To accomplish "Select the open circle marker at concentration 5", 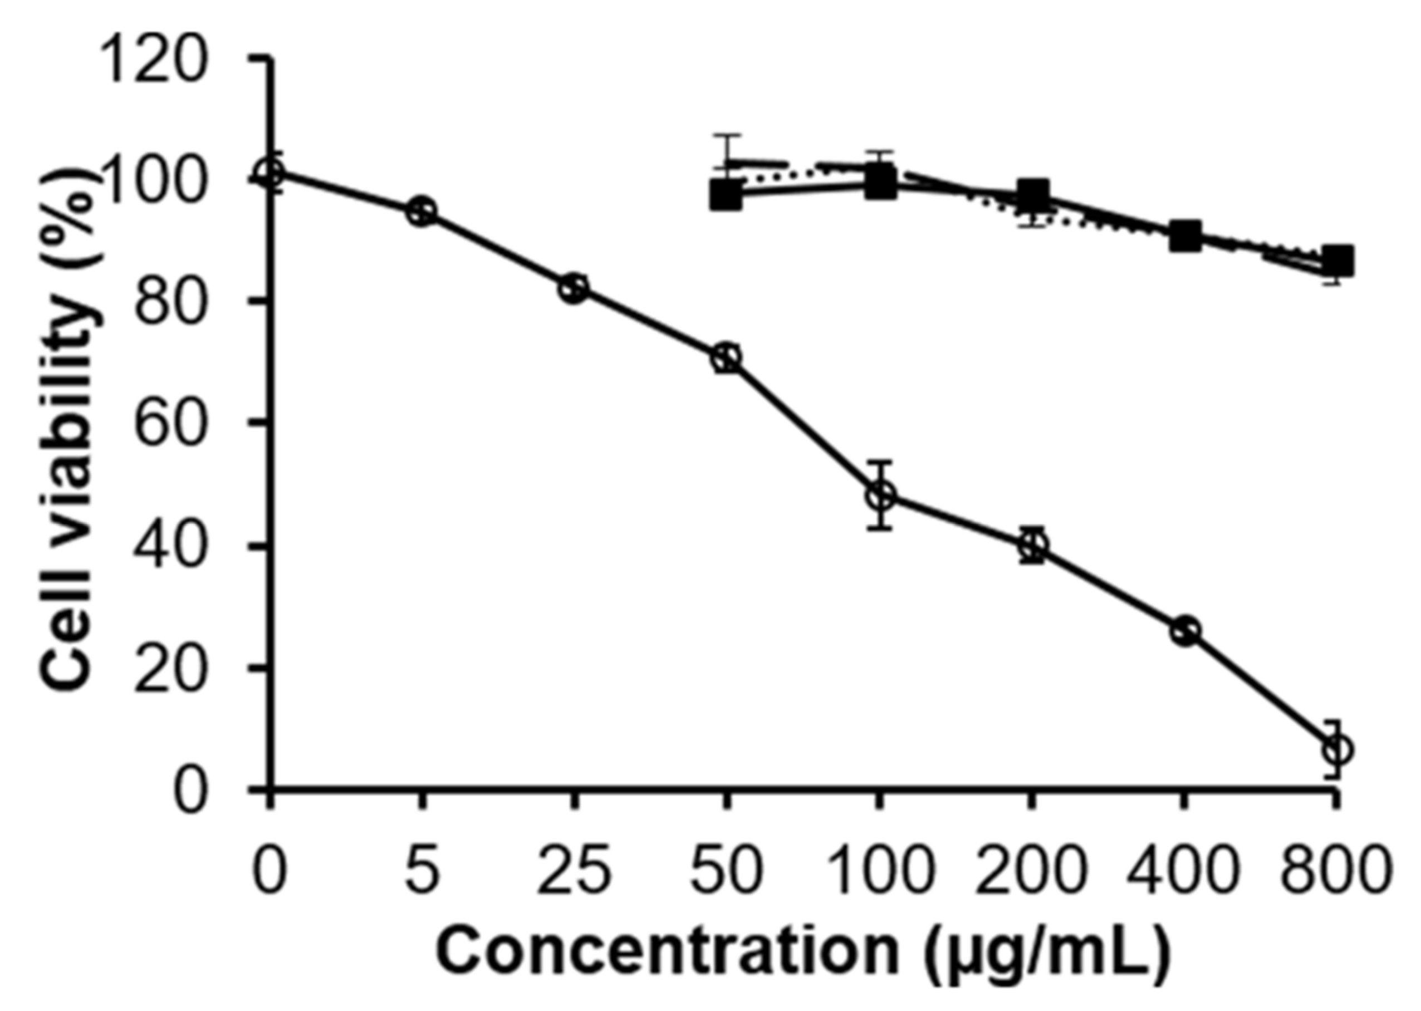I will (x=422, y=212).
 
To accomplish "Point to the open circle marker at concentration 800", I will (x=1336, y=749).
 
